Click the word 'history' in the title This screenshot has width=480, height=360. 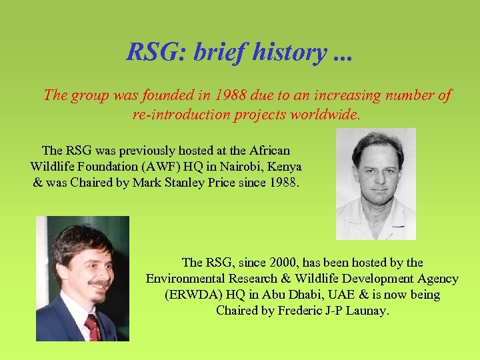[x=289, y=51]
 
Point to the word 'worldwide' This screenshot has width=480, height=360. [x=327, y=114]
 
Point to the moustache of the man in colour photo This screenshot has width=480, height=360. [x=99, y=283]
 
